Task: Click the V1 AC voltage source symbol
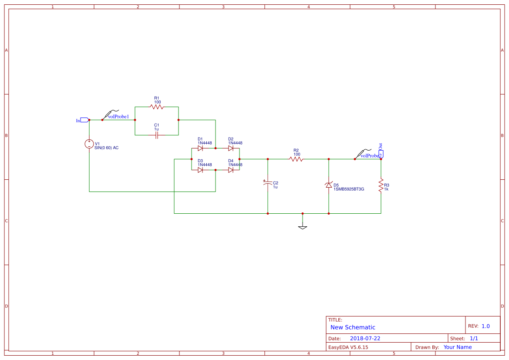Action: point(89,144)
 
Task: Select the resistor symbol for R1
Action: point(156,107)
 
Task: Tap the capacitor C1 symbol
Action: point(157,135)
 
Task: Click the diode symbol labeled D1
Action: point(200,148)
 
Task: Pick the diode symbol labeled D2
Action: point(231,148)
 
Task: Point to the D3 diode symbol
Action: point(200,170)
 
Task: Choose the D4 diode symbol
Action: point(231,170)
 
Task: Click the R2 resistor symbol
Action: point(297,159)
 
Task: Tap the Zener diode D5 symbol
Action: point(329,185)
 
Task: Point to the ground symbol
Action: point(303,226)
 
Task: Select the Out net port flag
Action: point(381,153)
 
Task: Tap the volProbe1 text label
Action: point(118,117)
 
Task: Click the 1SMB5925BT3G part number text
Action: point(349,189)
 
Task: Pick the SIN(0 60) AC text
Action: point(106,148)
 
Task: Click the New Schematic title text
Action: point(353,327)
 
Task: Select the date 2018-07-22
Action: point(365,338)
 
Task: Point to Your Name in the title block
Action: point(458,347)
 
